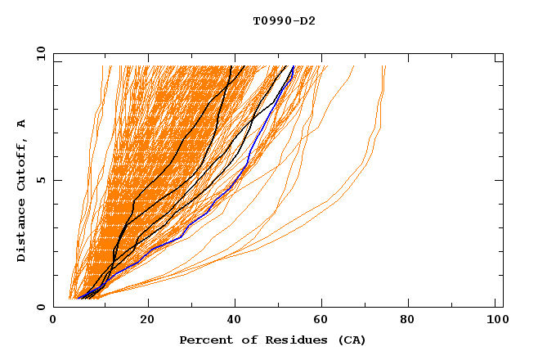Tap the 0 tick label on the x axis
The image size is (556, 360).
pyautogui.click(x=54, y=322)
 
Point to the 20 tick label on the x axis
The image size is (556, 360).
pyautogui.click(x=143, y=322)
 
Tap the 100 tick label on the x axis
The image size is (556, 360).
pyautogui.click(x=495, y=322)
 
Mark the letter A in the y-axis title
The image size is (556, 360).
pyautogui.click(x=21, y=123)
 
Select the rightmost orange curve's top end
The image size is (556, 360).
pyautogui.click(x=384, y=67)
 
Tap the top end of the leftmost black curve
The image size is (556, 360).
pyautogui.click(x=231, y=66)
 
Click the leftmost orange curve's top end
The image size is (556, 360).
pyautogui.click(x=102, y=67)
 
